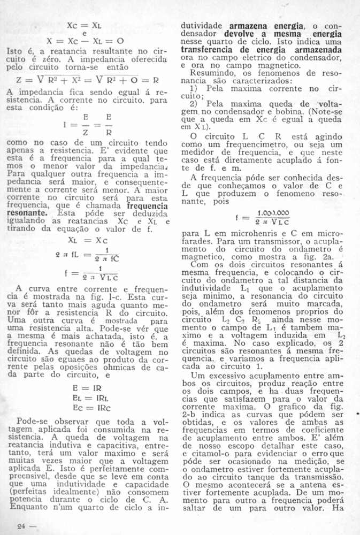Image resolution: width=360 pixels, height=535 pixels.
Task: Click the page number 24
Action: pos(22,526)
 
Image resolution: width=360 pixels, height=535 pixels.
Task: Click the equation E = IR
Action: pos(89,387)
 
